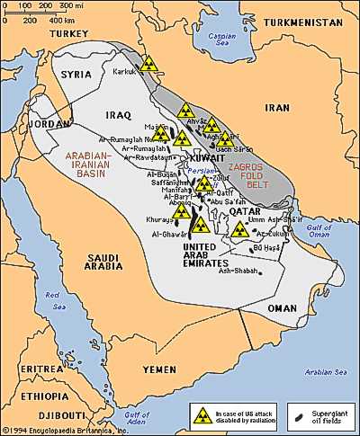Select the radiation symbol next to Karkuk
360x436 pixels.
point(150,65)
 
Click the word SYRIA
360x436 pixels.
point(77,76)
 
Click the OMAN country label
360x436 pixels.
point(282,307)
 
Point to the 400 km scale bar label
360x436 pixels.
point(62,18)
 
